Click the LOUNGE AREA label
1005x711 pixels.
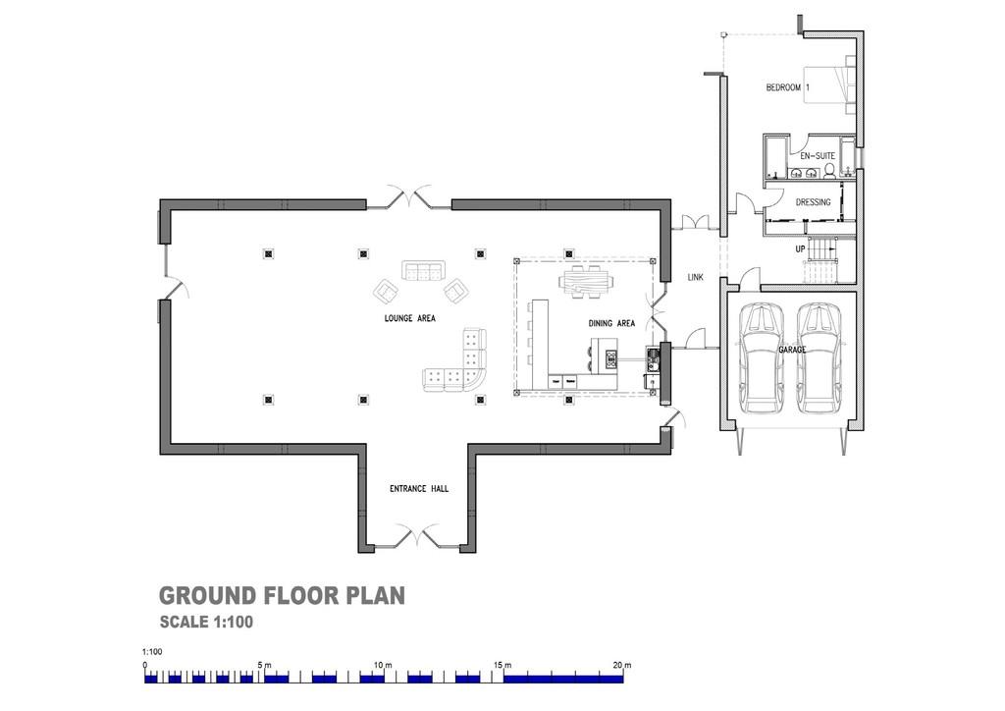point(409,319)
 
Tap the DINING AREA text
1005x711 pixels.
point(611,323)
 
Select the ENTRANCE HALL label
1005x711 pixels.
point(419,489)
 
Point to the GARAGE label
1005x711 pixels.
point(792,350)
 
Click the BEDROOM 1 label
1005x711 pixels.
point(788,88)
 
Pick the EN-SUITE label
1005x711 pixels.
point(815,156)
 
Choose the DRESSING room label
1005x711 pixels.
point(813,203)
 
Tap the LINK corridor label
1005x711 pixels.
point(696,278)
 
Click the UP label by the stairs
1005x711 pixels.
point(801,249)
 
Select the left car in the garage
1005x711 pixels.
point(762,358)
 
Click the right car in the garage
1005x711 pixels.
point(820,358)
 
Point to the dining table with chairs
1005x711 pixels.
point(584,283)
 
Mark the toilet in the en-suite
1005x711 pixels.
point(829,174)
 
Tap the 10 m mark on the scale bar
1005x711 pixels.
point(383,666)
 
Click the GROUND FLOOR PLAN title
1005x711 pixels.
point(282,596)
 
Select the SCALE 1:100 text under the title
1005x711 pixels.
point(207,622)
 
